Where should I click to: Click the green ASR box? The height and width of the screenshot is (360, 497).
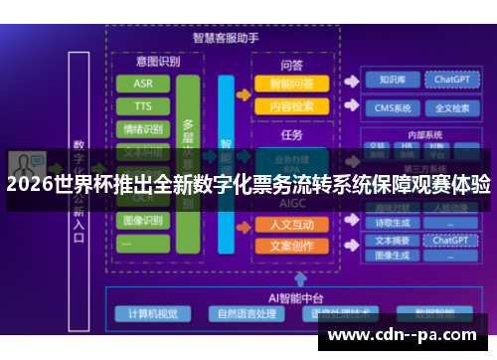pyautogui.click(x=142, y=83)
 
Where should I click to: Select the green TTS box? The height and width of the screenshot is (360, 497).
pyautogui.click(x=142, y=106)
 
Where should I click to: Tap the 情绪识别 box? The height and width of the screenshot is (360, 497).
pyautogui.click(x=142, y=129)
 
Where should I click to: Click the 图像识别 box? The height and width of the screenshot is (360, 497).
pyautogui.click(x=142, y=220)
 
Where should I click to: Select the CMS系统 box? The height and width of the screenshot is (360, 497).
pyautogui.click(x=384, y=107)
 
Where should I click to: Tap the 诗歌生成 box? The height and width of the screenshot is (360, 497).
pyautogui.click(x=384, y=223)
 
